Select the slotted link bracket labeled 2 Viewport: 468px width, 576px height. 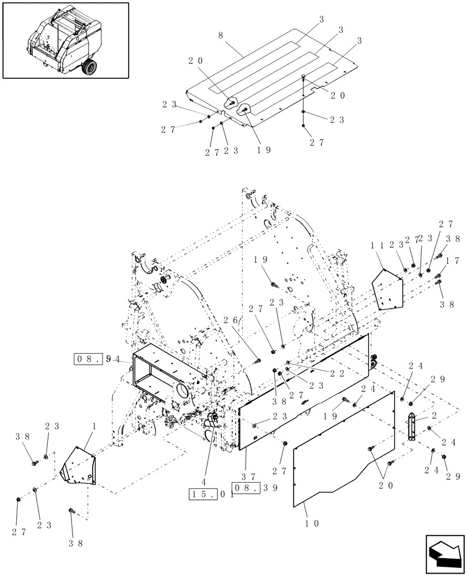tap(412, 427)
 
